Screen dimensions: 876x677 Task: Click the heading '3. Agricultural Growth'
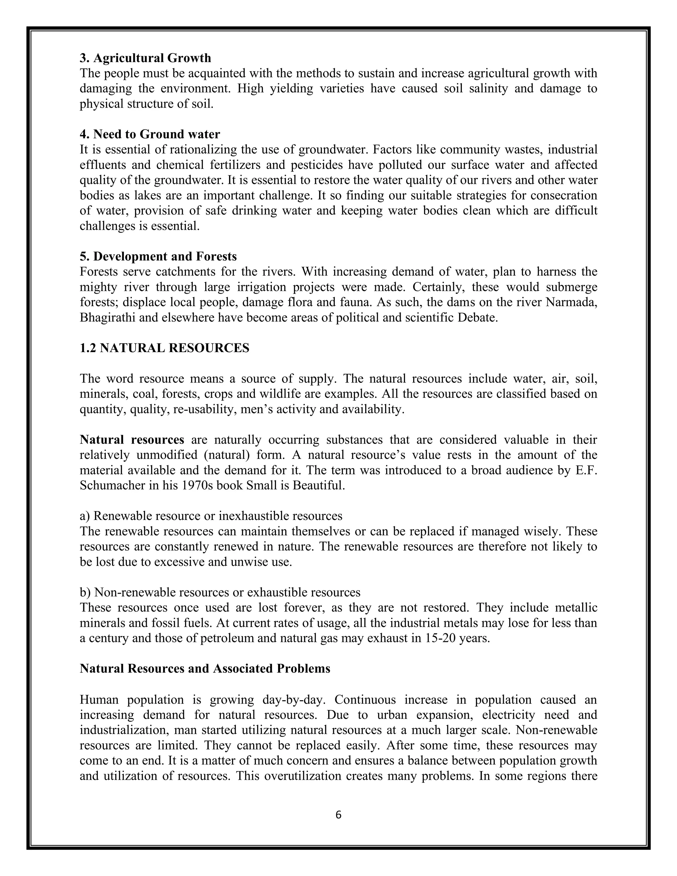click(x=145, y=58)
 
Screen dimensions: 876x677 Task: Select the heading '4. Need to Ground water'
click(x=150, y=134)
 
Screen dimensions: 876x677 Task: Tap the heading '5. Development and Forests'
click(x=158, y=256)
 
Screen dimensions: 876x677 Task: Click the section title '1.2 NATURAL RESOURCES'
click(x=164, y=348)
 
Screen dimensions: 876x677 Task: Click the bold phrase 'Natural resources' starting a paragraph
click(x=132, y=440)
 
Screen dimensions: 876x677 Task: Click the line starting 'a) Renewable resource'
click(x=211, y=516)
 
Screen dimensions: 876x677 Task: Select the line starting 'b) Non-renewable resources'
click(x=220, y=592)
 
